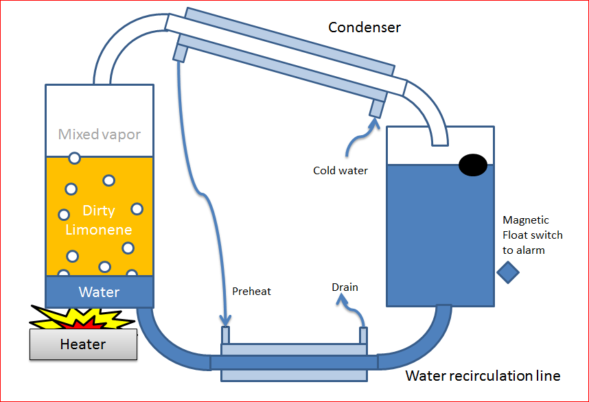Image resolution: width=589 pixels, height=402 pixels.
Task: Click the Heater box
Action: (83, 344)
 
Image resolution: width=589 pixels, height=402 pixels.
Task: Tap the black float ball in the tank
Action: (473, 164)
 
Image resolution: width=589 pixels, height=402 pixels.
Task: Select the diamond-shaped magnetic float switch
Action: (508, 272)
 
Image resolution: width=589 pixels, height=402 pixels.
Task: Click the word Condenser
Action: (365, 27)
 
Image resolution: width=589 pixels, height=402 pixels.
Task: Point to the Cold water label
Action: (340, 170)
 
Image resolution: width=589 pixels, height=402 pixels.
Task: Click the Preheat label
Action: (252, 291)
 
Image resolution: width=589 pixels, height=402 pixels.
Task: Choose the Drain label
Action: (345, 287)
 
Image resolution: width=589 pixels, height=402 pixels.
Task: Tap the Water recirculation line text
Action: (483, 375)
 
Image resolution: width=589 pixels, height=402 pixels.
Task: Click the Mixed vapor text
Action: (100, 134)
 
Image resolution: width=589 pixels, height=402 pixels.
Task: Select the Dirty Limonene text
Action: (98, 220)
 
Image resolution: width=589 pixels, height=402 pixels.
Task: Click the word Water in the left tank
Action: (99, 292)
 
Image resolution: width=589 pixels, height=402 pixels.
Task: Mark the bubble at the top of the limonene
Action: (74, 158)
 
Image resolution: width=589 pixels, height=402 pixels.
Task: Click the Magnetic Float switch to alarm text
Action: (532, 235)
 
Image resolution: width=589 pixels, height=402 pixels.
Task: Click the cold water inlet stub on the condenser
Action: (376, 108)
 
